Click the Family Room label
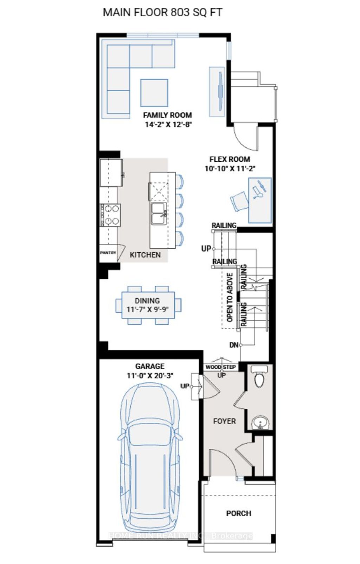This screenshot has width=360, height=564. click(167, 115)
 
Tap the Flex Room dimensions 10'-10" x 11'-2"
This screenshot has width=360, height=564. click(230, 169)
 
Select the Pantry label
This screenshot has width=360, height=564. click(108, 253)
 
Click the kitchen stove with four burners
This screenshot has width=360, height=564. click(111, 215)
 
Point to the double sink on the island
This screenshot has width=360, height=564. click(159, 213)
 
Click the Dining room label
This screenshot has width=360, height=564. click(147, 301)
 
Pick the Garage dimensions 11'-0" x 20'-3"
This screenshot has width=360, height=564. click(150, 376)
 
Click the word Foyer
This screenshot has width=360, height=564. click(224, 421)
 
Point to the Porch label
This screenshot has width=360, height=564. click(239, 513)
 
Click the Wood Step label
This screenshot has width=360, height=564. click(221, 367)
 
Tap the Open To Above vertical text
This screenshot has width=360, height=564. click(230, 297)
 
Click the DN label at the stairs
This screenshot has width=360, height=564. click(234, 345)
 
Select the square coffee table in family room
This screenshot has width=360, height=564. click(154, 93)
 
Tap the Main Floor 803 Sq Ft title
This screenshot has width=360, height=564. click(162, 12)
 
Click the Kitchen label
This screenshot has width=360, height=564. click(145, 255)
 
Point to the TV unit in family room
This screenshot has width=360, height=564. click(217, 91)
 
